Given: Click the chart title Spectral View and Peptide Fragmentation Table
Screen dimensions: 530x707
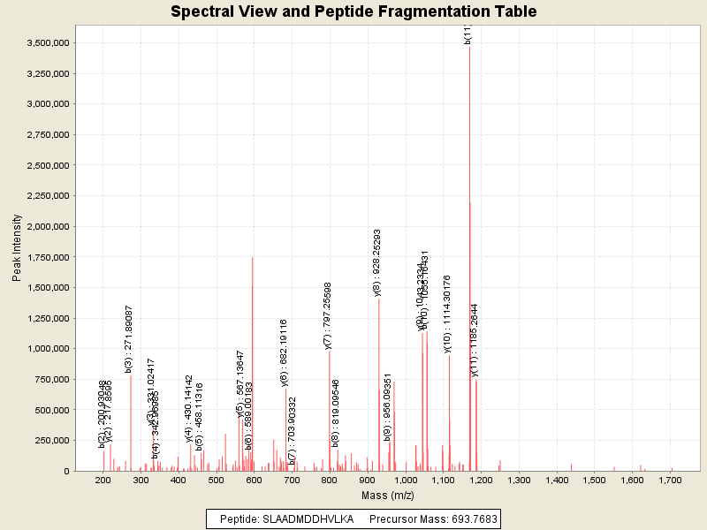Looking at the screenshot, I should click(x=353, y=12).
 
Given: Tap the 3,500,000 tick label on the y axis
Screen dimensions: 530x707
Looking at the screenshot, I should click(x=51, y=42).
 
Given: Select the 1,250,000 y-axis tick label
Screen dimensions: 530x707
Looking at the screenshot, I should click(x=51, y=288).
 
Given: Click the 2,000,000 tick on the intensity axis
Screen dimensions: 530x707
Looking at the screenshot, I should click(x=51, y=226).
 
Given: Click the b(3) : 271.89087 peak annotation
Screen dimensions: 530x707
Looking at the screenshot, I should click(x=130, y=338).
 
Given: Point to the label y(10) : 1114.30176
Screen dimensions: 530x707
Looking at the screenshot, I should click(x=448, y=314).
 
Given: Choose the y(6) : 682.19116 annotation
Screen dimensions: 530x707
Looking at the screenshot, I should click(x=285, y=352).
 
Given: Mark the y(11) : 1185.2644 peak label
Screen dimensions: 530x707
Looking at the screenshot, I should click(x=475, y=340).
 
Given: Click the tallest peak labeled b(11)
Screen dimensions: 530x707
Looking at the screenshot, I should click(x=469, y=177).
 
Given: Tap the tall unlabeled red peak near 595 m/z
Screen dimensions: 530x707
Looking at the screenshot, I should click(x=253, y=353).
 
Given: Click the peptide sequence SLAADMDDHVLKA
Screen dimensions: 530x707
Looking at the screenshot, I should click(x=308, y=519).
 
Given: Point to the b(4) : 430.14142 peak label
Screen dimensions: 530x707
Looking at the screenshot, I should click(x=189, y=407).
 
